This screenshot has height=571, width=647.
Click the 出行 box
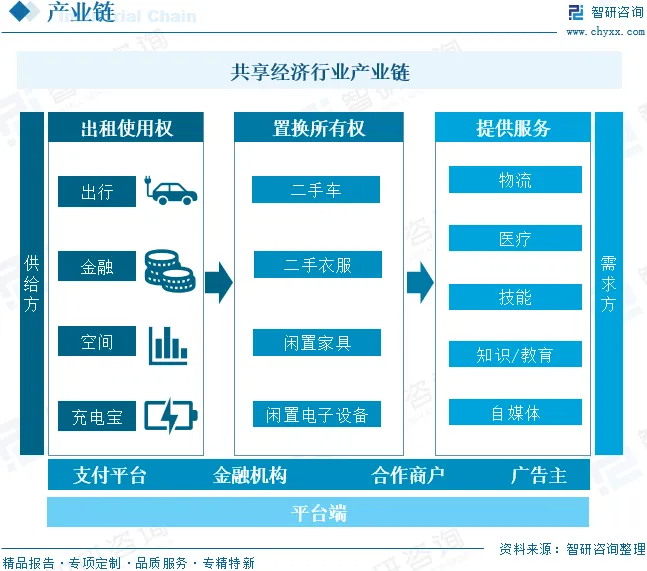coord(97,192)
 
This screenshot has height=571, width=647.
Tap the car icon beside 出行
coord(171,190)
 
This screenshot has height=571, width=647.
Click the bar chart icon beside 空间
coord(168,344)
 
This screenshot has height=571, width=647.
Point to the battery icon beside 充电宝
coord(171,415)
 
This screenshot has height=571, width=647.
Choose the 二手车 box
coord(316,190)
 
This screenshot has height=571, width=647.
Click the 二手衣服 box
coord(317,265)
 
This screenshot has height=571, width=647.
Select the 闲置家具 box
coord(317,343)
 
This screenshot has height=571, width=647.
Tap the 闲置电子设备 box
coord(317,415)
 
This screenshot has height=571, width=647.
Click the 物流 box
coord(515,180)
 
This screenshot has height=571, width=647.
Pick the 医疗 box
coord(515,239)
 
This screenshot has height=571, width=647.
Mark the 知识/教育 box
coord(515,355)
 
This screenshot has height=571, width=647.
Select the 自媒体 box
coord(515,413)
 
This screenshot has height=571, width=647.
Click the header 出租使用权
coord(126,128)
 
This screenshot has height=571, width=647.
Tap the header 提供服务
coord(513,128)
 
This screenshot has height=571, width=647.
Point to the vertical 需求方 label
coord(608,284)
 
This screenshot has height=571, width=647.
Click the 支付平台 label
coord(110,475)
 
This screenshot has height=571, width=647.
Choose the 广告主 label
coord(539,475)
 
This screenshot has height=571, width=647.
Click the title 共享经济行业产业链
coord(320,72)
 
